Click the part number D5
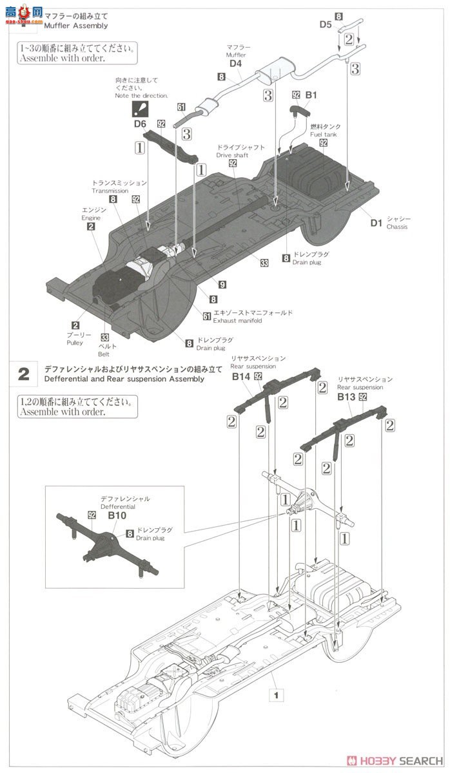click(x=326, y=25)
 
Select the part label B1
click(x=311, y=95)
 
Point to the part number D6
click(x=140, y=123)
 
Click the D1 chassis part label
click(x=377, y=224)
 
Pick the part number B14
click(x=241, y=376)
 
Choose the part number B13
click(x=346, y=397)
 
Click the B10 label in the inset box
click(x=117, y=516)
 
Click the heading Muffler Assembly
click(x=75, y=26)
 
